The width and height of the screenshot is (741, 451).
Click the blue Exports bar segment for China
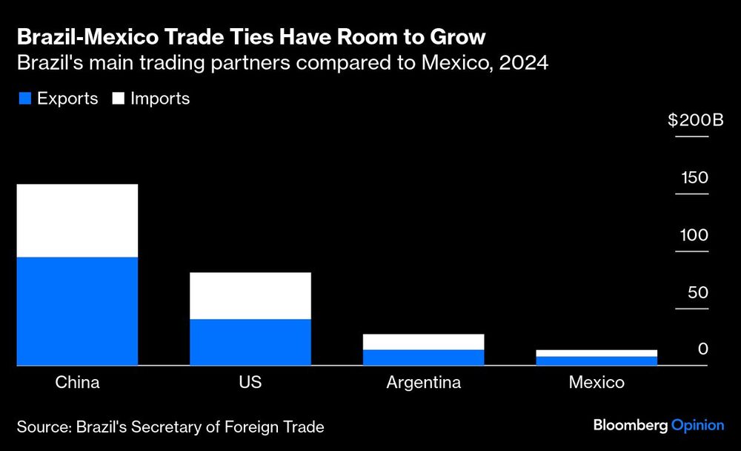(77, 311)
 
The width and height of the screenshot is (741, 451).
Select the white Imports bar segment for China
(77, 220)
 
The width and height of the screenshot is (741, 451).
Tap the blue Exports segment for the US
(250, 342)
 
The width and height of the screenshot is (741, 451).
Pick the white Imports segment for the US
(250, 295)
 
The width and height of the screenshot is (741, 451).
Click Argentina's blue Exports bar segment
(423, 358)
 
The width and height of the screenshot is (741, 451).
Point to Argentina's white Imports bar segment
(423, 341)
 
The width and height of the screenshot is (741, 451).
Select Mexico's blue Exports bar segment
(597, 361)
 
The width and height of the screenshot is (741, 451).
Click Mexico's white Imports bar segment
(597, 353)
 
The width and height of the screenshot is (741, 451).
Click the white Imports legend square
(117, 99)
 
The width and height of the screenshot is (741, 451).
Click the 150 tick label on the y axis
(695, 178)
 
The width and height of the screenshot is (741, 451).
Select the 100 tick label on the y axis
(695, 235)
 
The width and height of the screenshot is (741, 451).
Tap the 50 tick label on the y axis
(697, 292)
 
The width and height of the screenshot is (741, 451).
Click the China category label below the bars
(77, 383)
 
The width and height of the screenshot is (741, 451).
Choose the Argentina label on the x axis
(423, 383)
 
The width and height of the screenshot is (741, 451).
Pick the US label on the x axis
(250, 383)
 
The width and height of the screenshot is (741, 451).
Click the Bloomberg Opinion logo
(659, 425)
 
